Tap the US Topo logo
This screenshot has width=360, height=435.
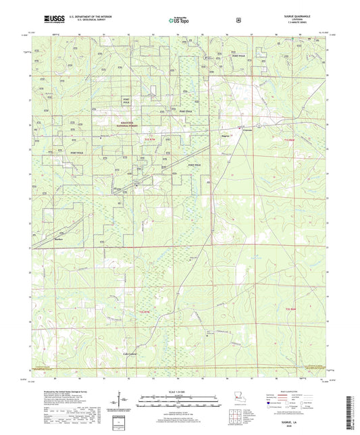(179, 20)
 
